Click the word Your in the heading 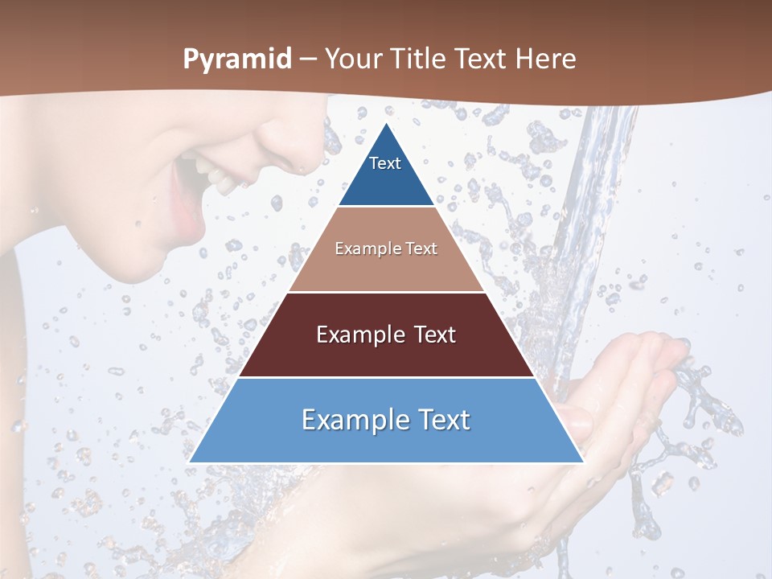(x=352, y=60)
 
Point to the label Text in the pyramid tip (x=385, y=163)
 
